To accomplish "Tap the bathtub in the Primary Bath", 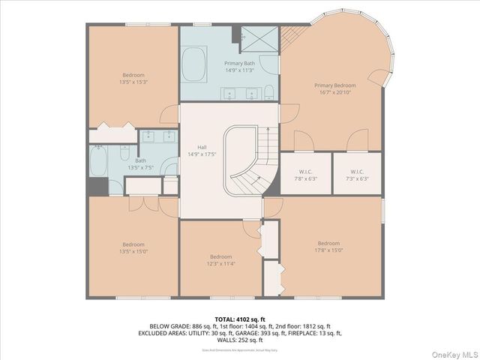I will [194, 64].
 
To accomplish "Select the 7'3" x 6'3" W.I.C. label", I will [356, 175].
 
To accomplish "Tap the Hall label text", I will [202, 150].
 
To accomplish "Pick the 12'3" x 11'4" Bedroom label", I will [221, 260].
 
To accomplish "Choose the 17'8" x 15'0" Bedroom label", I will [328, 247].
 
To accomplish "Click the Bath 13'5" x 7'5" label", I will [141, 163].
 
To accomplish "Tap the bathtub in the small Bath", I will [99, 160].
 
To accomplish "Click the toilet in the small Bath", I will [124, 153].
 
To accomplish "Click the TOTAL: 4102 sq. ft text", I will [239, 319].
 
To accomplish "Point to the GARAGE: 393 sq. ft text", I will [283, 333].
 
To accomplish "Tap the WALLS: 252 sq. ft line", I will [240, 339].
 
